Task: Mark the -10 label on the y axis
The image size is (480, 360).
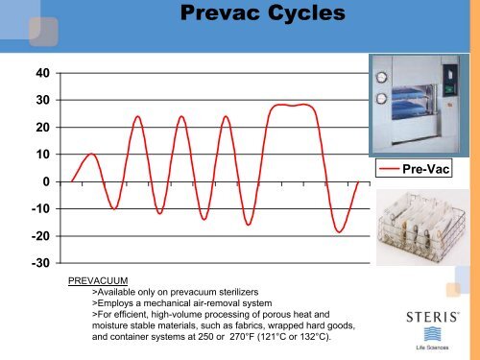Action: click(42, 208)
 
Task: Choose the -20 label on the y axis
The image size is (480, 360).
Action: click(42, 236)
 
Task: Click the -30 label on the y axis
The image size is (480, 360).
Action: click(42, 263)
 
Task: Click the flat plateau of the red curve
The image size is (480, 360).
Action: click(293, 106)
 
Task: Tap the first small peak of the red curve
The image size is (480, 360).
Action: click(91, 154)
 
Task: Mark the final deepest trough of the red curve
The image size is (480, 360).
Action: click(339, 231)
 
